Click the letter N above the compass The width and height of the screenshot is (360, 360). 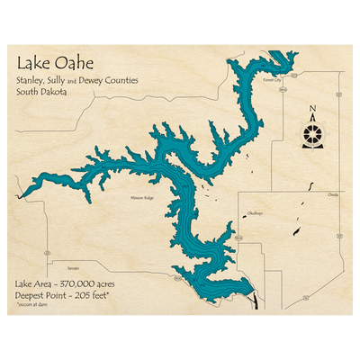[x=312, y=112]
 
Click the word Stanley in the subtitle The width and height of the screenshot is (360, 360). [x=30, y=80]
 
